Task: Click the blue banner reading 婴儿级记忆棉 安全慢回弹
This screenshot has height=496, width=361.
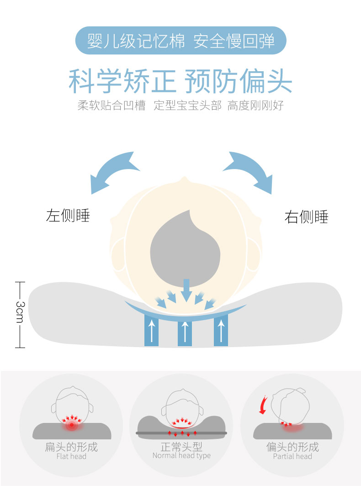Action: [x=180, y=41]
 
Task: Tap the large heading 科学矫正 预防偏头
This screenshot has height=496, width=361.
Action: [x=180, y=81]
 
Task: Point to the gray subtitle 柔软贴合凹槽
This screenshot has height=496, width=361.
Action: [x=111, y=106]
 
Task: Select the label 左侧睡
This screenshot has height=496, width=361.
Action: [x=68, y=215]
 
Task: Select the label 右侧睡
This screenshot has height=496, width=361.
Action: [x=306, y=217]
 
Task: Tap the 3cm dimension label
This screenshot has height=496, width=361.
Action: [x=20, y=311]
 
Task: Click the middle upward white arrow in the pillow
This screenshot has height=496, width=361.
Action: [x=185, y=333]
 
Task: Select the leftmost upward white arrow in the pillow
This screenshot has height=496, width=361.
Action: [x=151, y=330]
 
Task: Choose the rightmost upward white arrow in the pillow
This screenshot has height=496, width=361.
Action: [x=221, y=330]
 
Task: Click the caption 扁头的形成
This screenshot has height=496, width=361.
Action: [x=71, y=447]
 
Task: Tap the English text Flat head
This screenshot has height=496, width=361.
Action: [x=71, y=456]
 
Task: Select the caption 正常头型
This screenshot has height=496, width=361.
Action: [x=181, y=446]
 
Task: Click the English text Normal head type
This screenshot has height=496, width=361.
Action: [x=181, y=455]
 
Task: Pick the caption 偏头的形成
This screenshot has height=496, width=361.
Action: [x=292, y=447]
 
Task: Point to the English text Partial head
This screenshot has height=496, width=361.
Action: [x=292, y=456]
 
